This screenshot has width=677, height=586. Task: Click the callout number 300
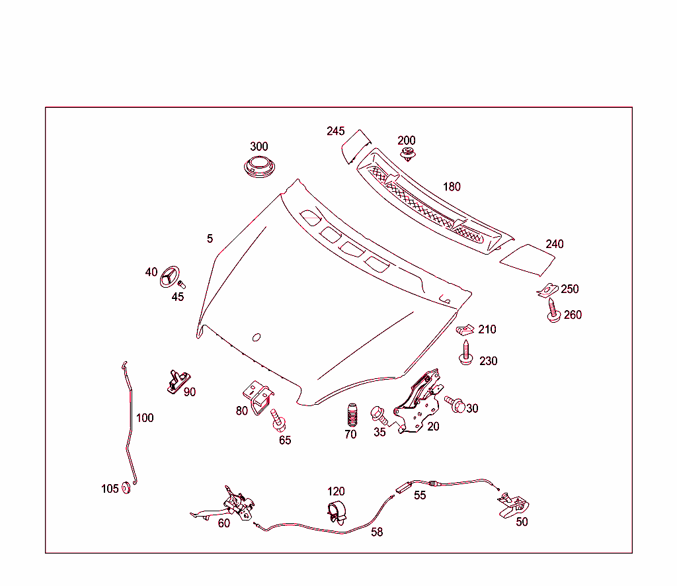click(259, 146)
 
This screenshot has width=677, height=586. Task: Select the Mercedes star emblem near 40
click(170, 276)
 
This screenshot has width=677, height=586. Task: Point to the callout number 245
click(336, 131)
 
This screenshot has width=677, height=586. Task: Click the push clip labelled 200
click(409, 156)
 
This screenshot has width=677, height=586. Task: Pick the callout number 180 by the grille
click(452, 187)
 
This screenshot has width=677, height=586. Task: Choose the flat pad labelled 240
click(528, 259)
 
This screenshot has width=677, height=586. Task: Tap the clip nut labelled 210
click(467, 329)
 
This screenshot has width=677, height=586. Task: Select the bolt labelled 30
click(455, 404)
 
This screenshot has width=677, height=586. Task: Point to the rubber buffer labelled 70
click(350, 415)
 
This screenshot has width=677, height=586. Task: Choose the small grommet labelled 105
click(128, 489)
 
